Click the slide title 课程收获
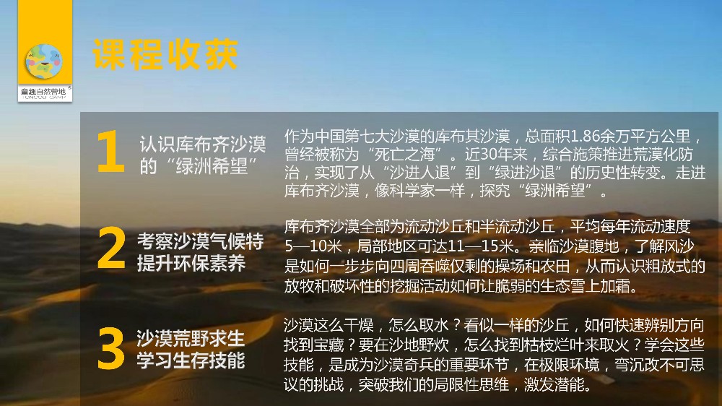click(x=165, y=54)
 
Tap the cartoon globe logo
click(x=44, y=61)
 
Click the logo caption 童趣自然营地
click(x=44, y=91)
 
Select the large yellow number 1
click(x=110, y=151)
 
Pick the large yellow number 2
click(x=111, y=248)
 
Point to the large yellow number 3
click(x=111, y=348)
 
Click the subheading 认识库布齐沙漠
click(x=203, y=144)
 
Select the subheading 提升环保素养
click(x=191, y=263)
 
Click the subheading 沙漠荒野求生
click(x=191, y=338)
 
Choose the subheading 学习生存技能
click(x=191, y=360)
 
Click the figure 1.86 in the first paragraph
click(x=586, y=136)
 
